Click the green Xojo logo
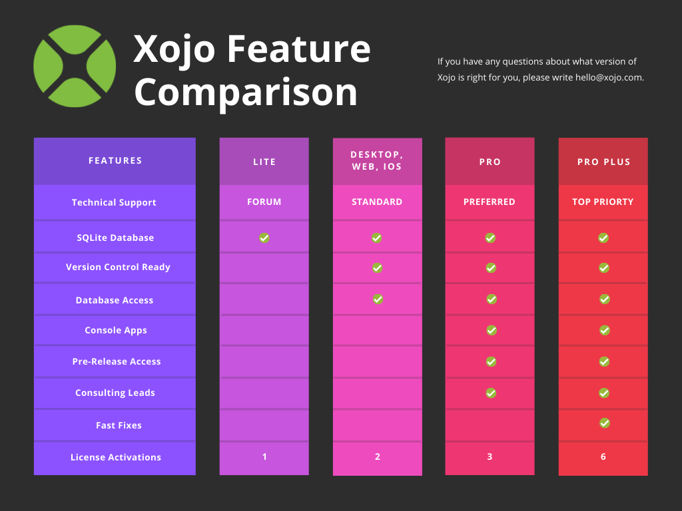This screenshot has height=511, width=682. [75, 66]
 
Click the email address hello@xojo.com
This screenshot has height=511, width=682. [609, 77]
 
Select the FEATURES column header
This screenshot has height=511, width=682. [115, 161]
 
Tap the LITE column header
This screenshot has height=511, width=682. [264, 162]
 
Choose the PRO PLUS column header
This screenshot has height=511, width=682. [603, 162]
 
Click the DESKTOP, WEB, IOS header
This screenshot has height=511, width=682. [377, 161]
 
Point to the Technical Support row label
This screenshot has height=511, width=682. [114, 202]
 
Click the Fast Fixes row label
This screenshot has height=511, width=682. [119, 425]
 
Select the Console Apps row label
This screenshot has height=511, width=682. [116, 330]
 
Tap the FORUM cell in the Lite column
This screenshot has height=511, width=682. [264, 202]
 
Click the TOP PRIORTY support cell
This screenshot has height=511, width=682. [603, 202]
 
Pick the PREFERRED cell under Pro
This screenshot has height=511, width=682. [490, 202]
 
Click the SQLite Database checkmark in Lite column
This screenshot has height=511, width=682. [264, 238]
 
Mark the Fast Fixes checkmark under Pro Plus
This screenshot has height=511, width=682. [605, 423]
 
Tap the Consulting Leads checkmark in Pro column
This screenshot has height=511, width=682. [491, 393]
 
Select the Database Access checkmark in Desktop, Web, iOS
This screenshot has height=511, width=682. [378, 299]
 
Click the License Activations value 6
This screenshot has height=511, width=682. [603, 456]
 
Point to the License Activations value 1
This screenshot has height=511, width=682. [264, 456]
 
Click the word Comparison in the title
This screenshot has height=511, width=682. [246, 92]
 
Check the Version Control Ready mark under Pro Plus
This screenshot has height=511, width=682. [604, 267]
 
